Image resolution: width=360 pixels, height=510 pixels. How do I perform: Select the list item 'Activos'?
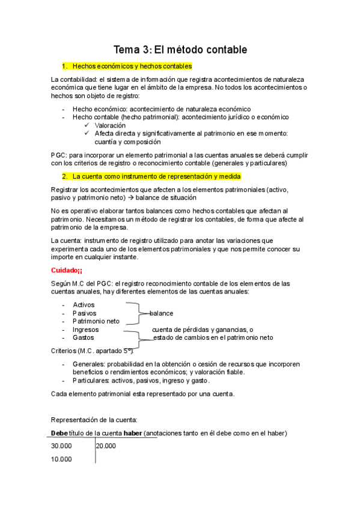(84, 305)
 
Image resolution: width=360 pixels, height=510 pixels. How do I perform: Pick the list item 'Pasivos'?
(84, 313)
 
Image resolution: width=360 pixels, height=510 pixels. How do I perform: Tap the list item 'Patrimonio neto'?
(96, 321)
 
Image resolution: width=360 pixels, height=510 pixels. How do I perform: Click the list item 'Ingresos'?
(85, 330)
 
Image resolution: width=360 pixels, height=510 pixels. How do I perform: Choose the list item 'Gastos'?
(84, 337)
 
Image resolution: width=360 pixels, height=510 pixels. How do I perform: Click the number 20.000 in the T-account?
(106, 446)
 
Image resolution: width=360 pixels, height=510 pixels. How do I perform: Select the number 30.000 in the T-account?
(61, 446)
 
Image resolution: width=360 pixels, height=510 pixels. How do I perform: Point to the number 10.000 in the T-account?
(61, 459)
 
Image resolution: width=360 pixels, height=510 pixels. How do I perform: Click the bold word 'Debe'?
(60, 433)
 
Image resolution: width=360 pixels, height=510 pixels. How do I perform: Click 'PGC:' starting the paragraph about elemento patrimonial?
(59, 155)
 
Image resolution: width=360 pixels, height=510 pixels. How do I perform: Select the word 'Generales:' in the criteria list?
(88, 364)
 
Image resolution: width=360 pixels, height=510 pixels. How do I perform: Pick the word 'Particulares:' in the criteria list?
(91, 381)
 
